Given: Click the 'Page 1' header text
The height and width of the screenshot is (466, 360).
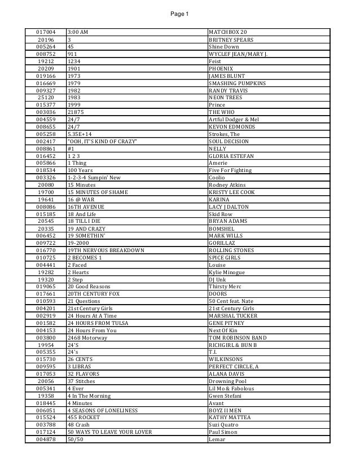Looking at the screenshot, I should point(180,14).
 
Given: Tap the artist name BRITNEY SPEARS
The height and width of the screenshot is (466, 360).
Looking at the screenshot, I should point(231,40).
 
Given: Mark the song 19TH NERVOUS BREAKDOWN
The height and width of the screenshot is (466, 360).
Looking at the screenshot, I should point(106,250).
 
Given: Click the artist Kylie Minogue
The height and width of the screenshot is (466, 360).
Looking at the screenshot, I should point(226,271).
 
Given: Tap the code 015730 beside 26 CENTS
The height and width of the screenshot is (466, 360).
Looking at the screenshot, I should point(45,359).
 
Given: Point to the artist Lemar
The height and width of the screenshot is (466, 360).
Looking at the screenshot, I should point(217,439).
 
